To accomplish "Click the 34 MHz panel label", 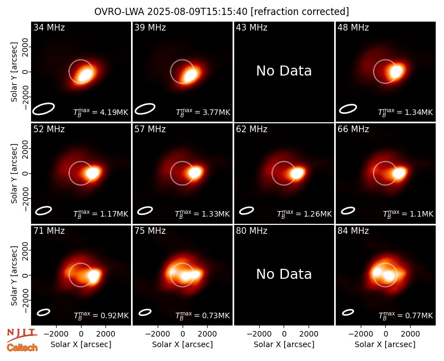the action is pyautogui.click(x=49, y=27).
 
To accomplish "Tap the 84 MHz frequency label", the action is pyautogui.click(x=353, y=231).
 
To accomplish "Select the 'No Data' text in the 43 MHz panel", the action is pyautogui.click(x=284, y=71).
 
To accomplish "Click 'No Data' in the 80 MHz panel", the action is pyautogui.click(x=284, y=274).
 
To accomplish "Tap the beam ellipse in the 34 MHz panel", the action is pyautogui.click(x=43, y=109).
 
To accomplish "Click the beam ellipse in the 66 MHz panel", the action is pyautogui.click(x=348, y=210).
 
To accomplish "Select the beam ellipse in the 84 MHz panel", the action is pyautogui.click(x=348, y=312).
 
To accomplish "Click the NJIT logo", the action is pyautogui.click(x=22, y=334).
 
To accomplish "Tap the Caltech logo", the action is pyautogui.click(x=22, y=348).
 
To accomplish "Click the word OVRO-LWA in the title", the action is pyautogui.click(x=119, y=12).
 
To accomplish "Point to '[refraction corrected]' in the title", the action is pyautogui.click(x=300, y=12).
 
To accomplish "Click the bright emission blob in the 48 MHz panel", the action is pyautogui.click(x=396, y=71).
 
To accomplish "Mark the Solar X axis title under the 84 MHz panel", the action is pyautogui.click(x=385, y=344).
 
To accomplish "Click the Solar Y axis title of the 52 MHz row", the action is pyautogui.click(x=14, y=173).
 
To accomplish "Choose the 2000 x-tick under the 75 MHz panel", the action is pyautogui.click(x=207, y=334).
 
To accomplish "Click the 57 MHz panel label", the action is pyautogui.click(x=150, y=129).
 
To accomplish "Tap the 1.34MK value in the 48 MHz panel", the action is pyautogui.click(x=406, y=112).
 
